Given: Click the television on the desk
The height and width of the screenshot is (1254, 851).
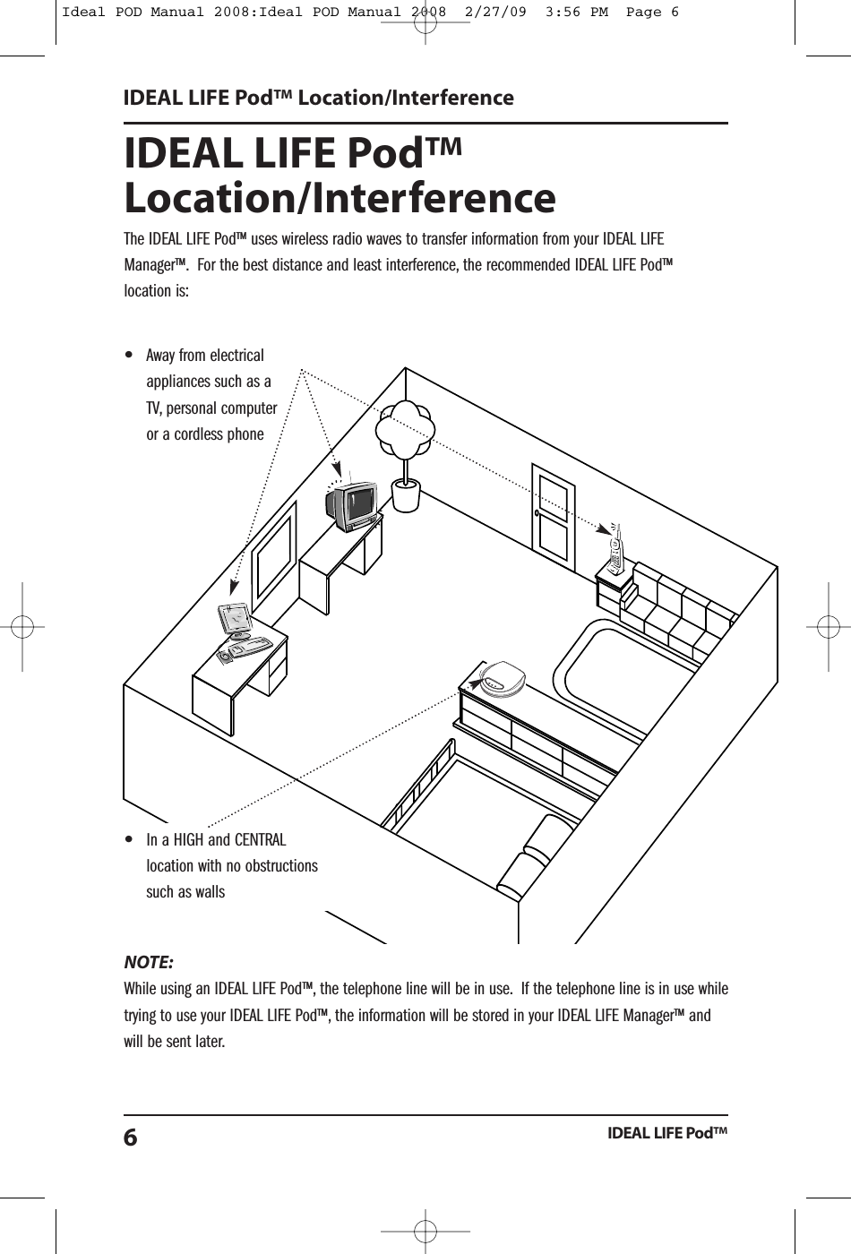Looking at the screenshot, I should point(352,505).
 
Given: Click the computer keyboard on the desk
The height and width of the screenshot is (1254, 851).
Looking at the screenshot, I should point(250,645).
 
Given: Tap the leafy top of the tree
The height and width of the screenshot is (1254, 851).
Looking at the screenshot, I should point(405,429).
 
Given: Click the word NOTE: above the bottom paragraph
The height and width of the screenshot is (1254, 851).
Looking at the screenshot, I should point(149,963).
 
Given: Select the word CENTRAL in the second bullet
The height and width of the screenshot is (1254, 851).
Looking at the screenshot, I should point(260,840).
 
